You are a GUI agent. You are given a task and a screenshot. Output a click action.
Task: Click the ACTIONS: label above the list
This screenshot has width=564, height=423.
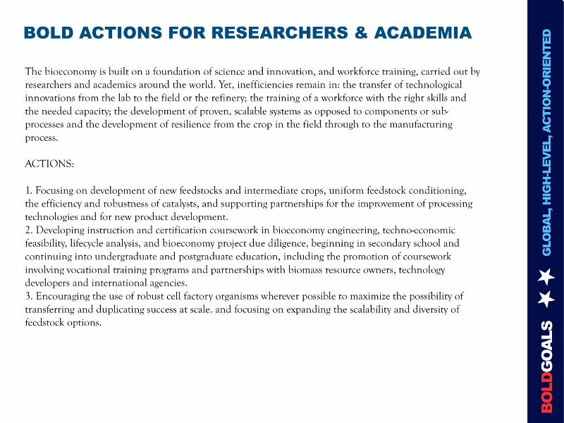(x=49, y=164)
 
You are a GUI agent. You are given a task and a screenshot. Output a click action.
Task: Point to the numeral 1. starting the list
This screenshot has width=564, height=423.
(x=28, y=191)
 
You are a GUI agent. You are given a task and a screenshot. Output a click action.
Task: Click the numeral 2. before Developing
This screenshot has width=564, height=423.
(x=29, y=231)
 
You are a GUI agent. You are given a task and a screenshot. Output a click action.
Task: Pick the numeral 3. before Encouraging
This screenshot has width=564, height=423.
(x=29, y=296)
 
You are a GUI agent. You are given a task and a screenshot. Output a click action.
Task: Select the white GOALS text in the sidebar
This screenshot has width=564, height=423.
(x=548, y=347)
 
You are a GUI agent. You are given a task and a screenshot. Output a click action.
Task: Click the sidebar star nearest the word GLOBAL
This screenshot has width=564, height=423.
(x=546, y=276)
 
